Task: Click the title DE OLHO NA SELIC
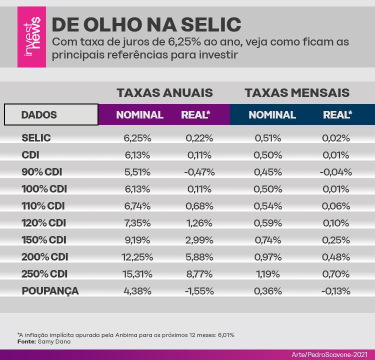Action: tap(146, 24)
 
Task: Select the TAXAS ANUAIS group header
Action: tap(164, 93)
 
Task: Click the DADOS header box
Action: tap(51, 114)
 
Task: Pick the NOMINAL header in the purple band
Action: tap(139, 115)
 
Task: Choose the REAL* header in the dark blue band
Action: tap(337, 115)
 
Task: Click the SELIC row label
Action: tap(36, 138)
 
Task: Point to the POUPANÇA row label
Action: tap(50, 291)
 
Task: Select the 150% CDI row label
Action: tap(44, 240)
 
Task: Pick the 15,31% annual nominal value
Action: tap(136, 274)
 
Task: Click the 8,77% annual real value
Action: tap(199, 274)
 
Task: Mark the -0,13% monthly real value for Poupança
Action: tap(336, 291)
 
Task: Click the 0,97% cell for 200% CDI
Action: tap(268, 257)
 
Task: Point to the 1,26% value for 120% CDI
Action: tap(199, 223)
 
